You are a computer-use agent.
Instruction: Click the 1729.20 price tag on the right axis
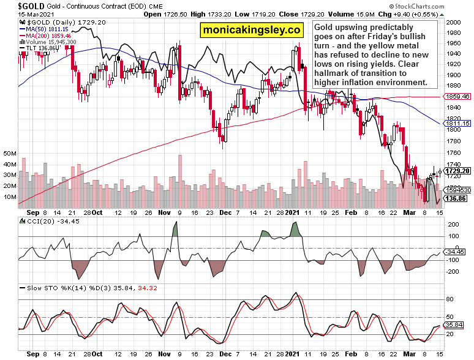click(x=458, y=171)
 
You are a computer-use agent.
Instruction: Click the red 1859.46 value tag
click(x=458, y=97)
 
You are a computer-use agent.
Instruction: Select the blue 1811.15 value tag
click(x=458, y=123)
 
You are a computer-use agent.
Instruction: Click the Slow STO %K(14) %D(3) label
click(x=61, y=287)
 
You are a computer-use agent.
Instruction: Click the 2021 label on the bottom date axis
click(x=293, y=353)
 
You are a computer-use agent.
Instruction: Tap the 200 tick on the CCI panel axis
click(x=453, y=225)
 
